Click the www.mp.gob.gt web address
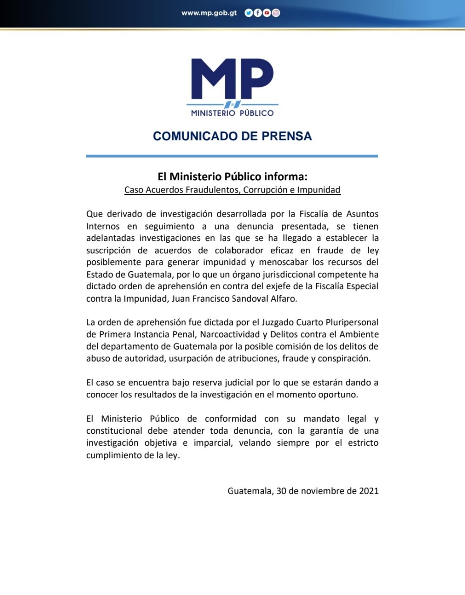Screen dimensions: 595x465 209,13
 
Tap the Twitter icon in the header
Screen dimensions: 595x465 248,13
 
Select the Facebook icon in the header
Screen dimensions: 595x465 257,13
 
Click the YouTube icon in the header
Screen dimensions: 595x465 267,13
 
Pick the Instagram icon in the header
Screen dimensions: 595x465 276,13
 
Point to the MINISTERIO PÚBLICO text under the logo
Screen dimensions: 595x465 232,113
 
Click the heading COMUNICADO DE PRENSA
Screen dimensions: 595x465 232,136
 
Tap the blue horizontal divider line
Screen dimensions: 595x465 232,156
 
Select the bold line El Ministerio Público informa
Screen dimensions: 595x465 232,177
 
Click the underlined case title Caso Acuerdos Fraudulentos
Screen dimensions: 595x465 232,190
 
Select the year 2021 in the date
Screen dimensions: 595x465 369,491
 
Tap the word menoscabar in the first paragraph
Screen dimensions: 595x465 284,262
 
